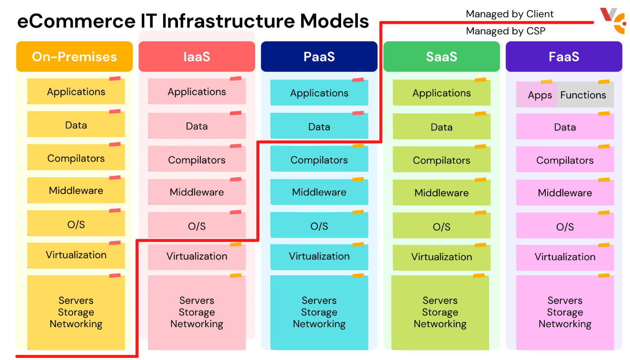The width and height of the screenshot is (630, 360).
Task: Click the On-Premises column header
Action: pos(74,57)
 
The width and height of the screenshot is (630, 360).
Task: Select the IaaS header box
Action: pos(197,57)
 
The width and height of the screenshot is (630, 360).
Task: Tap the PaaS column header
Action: pos(319,57)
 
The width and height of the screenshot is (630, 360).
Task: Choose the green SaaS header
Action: pos(441,57)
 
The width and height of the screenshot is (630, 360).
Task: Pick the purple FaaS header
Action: pos(564,57)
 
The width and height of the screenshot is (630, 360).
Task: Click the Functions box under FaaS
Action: pos(584,95)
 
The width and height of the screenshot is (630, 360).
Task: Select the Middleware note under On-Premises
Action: pos(76,191)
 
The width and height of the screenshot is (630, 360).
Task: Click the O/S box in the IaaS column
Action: pos(197,226)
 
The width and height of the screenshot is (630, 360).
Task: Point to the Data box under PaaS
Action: pos(319,126)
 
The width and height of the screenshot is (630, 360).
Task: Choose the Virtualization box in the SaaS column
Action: pos(442,257)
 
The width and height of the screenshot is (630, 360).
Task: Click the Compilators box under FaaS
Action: pos(565,160)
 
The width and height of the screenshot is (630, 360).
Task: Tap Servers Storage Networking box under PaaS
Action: pos(319,312)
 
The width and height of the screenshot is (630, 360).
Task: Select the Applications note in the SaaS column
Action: pos(442,93)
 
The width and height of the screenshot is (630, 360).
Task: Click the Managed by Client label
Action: pos(510,14)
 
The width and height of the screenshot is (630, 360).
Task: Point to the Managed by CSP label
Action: pos(505,31)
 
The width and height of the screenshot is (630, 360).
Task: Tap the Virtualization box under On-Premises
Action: pos(76,255)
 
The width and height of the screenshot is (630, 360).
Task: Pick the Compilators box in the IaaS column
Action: pos(197,160)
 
